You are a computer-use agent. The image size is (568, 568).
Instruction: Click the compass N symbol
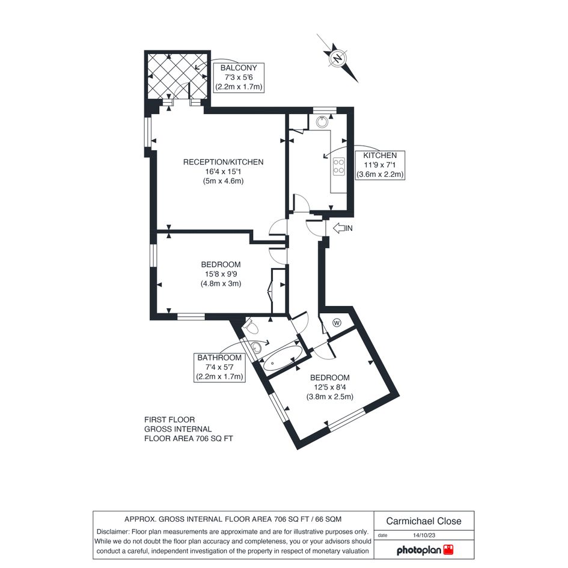click(x=338, y=58)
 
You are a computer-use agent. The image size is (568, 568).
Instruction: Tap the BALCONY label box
click(x=239, y=78)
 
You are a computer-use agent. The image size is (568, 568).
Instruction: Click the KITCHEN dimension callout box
click(x=380, y=165)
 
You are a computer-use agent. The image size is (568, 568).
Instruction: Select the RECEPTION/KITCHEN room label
click(x=223, y=162)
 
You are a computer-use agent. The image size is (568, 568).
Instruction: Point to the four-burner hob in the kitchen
click(x=339, y=166)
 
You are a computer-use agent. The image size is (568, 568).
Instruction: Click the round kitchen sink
click(x=322, y=121)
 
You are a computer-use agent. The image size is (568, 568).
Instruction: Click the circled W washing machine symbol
click(x=337, y=323)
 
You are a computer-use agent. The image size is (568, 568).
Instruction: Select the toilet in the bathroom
click(x=251, y=327)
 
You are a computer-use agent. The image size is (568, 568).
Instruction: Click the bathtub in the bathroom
click(x=282, y=358)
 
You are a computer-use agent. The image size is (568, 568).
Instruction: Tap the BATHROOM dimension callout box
click(x=219, y=367)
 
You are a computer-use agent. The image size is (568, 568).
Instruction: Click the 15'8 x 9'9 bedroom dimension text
click(x=221, y=274)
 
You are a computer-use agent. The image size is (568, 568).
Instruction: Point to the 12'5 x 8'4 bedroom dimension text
click(x=330, y=387)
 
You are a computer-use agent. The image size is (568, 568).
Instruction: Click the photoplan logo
click(x=425, y=550)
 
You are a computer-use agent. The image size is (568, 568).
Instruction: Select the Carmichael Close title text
click(x=424, y=521)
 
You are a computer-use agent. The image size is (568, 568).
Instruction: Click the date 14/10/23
click(x=424, y=536)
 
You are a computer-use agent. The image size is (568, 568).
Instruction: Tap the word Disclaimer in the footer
click(x=112, y=532)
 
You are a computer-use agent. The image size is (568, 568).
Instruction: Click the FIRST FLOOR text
click(x=169, y=420)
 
